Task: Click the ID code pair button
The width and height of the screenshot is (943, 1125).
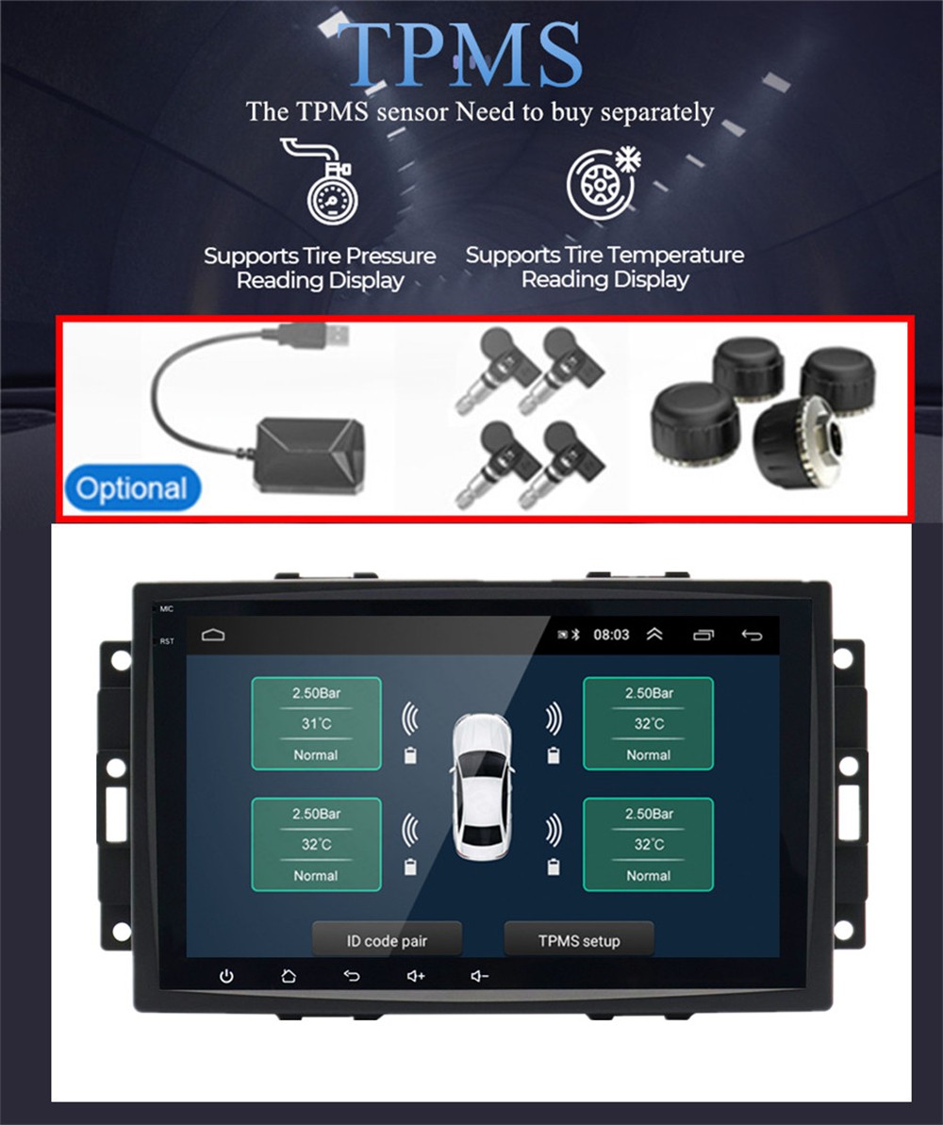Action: coord(386,940)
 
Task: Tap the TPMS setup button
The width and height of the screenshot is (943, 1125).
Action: coord(579,940)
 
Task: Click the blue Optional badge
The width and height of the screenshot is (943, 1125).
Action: coord(132,488)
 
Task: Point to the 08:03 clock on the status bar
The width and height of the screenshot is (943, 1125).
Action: coord(611,635)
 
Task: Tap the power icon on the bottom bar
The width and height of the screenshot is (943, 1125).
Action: coord(226,976)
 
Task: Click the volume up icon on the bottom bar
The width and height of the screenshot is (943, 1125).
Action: coord(416,976)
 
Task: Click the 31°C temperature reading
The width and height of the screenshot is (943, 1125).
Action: coord(316,723)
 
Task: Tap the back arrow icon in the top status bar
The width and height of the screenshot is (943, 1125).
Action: coord(752,635)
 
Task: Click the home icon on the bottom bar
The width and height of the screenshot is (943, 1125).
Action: coord(289,976)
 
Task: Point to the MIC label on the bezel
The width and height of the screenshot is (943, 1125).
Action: coord(167,609)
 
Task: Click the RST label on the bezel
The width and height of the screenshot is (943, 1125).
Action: coord(167,641)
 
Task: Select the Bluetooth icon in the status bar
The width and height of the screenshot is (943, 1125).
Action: coord(577,635)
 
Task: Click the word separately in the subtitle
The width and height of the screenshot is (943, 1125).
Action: coord(656,113)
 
